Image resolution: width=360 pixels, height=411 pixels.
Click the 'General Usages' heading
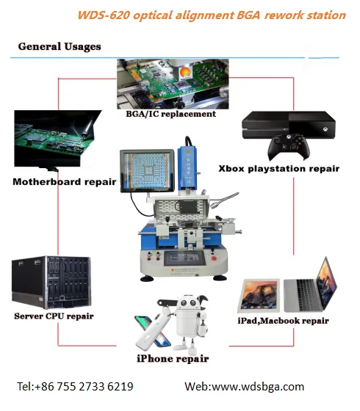[60, 46]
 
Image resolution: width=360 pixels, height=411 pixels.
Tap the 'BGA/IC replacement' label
[170, 114]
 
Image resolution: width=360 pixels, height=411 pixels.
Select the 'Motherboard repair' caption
[65, 181]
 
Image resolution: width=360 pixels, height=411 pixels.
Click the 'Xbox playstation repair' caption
[278, 169]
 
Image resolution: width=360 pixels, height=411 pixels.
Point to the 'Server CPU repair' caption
[54, 316]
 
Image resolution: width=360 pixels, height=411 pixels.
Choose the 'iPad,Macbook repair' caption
[284, 320]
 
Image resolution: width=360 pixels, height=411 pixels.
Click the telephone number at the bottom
[75, 386]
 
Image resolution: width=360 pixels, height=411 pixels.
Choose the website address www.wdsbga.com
[244, 386]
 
